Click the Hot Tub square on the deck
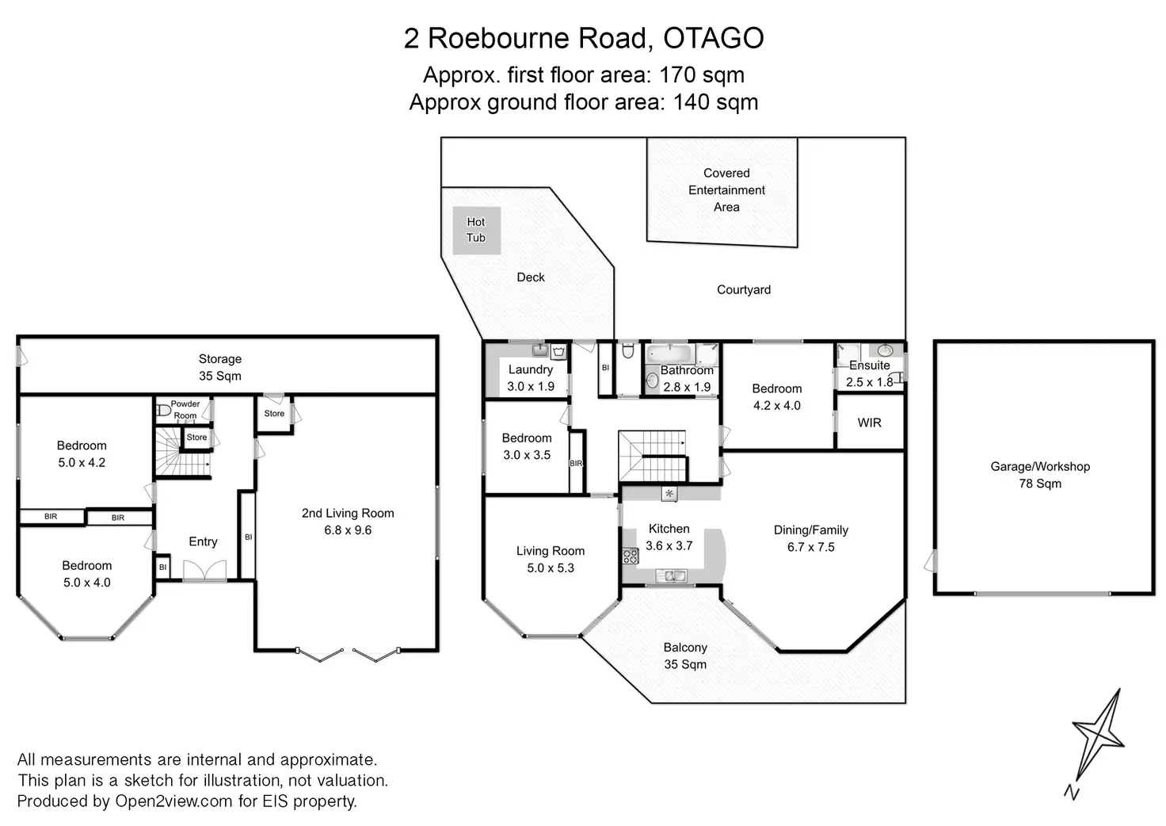click(x=476, y=230)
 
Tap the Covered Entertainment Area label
click(x=726, y=190)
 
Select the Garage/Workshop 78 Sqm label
click(x=1039, y=475)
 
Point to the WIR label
click(x=869, y=423)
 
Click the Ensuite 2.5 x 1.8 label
click(x=869, y=373)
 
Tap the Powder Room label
click(x=185, y=409)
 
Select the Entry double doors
click(x=204, y=570)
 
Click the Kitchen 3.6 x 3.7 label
click(x=669, y=537)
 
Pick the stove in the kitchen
click(x=631, y=556)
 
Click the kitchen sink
click(x=669, y=576)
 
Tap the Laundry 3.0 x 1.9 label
click(x=530, y=377)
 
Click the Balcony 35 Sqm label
click(x=684, y=656)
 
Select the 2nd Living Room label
click(x=347, y=522)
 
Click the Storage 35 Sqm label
click(x=219, y=367)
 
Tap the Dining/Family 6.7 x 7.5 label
click(x=810, y=538)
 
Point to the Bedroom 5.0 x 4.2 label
click(x=82, y=453)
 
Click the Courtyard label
click(x=743, y=289)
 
